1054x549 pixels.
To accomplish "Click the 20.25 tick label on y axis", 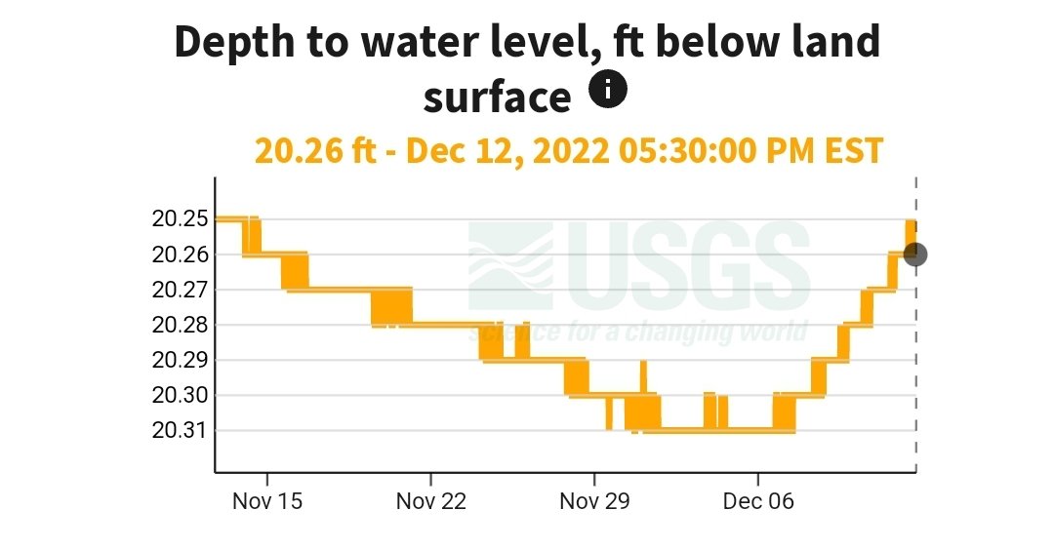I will point(180,218).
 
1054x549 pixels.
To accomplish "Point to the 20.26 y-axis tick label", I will point(180,255).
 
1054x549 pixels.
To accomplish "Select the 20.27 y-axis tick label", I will point(180,290).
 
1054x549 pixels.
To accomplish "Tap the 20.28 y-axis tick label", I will point(180,325).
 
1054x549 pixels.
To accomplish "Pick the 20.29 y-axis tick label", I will point(180,360).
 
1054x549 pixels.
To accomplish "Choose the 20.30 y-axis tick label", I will point(180,395).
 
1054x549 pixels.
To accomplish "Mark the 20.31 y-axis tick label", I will point(180,430).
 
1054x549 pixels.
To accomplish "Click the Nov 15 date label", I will point(267,501).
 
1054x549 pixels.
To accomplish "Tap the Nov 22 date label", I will point(430,501).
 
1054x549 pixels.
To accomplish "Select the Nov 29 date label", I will point(594,501).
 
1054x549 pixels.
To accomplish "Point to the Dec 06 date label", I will point(758,501).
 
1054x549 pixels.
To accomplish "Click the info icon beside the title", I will point(608,91).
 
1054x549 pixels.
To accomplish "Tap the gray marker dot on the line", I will point(915,255).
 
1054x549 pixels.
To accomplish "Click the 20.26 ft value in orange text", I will point(313,151).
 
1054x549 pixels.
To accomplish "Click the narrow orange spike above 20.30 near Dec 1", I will point(643,376).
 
